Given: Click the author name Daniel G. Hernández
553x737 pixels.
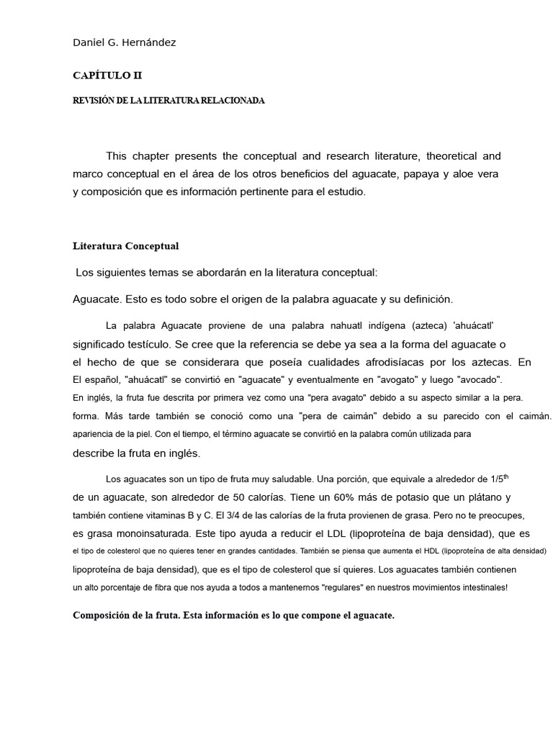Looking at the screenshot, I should coord(124,42).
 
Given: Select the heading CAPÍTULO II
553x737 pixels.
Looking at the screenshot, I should coord(112,75).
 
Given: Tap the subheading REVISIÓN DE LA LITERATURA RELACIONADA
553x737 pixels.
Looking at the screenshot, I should coord(168,101).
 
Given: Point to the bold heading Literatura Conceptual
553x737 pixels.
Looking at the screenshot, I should coord(125,246).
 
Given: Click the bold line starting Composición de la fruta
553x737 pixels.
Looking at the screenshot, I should coord(233,616).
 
